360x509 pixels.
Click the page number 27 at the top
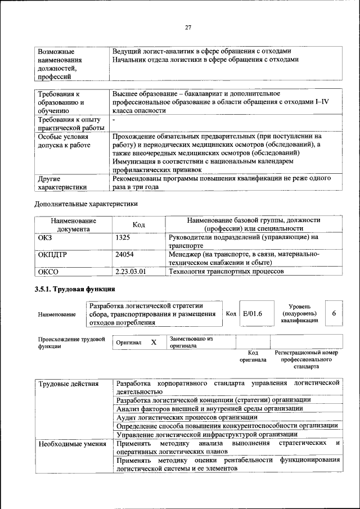click(188, 28)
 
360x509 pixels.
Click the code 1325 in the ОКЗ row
click(123, 238)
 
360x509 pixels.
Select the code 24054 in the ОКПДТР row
click(124, 255)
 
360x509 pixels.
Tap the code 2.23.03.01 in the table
click(130, 272)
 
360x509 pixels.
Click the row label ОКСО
click(48, 272)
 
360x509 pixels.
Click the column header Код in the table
click(138, 224)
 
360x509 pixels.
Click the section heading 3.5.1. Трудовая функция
click(75, 289)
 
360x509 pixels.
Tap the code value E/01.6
click(254, 313)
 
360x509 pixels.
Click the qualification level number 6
click(334, 313)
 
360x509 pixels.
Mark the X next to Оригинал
click(154, 342)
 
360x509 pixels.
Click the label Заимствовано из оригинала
click(191, 343)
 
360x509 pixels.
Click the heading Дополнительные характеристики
click(86, 204)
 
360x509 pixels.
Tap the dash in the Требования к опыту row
click(114, 120)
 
